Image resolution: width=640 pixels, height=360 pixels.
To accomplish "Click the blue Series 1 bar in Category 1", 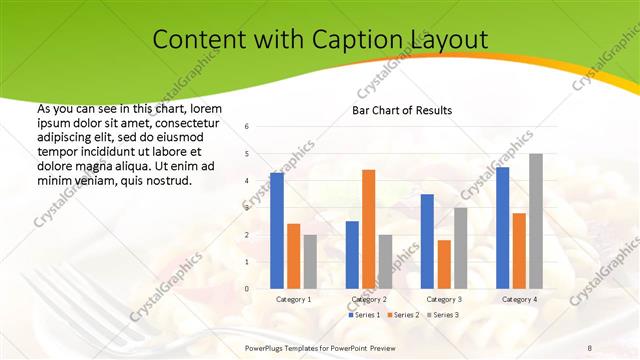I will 277,231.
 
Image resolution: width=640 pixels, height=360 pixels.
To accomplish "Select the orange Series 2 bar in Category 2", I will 368,229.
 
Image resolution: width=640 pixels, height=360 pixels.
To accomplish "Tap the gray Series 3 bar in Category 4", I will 536,221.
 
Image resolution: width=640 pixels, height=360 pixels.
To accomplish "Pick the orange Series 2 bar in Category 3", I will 444,264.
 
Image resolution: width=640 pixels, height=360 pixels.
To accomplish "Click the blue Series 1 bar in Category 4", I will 502,228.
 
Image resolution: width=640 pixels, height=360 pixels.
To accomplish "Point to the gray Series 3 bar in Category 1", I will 310,262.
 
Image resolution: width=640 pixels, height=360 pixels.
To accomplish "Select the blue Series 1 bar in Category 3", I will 427,241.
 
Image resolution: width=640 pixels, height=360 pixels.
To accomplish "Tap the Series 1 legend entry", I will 363,315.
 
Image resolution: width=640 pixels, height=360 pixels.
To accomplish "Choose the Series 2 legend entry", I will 402,315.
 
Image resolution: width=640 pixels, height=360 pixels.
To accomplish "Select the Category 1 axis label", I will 293,299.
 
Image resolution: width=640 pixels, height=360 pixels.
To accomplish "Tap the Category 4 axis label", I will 519,299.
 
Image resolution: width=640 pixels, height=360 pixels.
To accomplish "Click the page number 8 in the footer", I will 589,346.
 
